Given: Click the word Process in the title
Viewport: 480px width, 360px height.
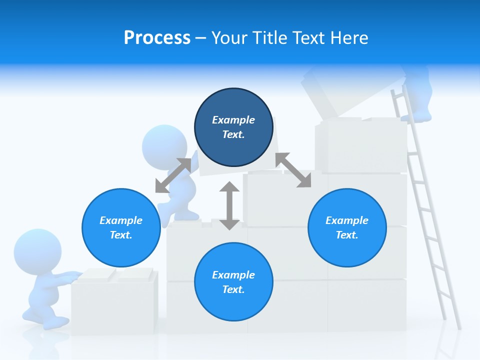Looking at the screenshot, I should (157, 38).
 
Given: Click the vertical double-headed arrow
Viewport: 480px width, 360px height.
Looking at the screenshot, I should (229, 205).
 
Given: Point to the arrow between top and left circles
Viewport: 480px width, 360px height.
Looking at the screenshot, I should (173, 175).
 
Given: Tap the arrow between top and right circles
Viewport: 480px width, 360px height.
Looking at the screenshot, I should (293, 170).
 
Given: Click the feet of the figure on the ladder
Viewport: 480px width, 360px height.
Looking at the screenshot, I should (416, 117).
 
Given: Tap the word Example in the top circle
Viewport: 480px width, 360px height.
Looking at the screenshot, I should (233, 120).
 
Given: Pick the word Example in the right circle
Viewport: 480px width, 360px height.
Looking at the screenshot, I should (347, 220).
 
